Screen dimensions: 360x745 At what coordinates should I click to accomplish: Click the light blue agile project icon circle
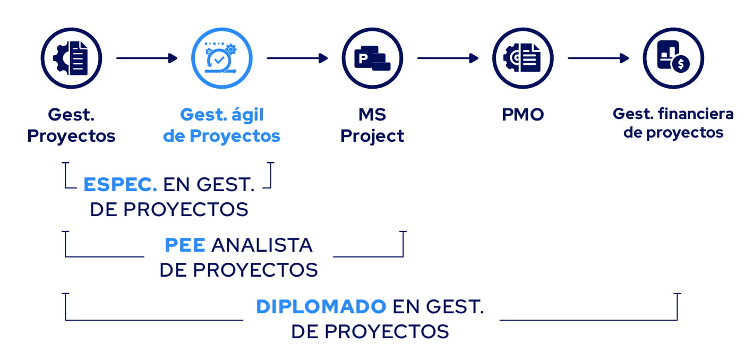click(221, 58)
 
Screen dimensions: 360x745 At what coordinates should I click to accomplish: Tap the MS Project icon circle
click(372, 58)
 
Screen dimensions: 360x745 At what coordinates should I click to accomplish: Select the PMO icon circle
click(523, 58)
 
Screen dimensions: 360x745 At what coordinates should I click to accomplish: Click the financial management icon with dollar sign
click(673, 58)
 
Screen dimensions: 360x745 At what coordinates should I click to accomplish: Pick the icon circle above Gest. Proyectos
click(71, 58)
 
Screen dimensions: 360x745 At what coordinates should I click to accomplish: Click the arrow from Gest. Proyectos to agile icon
click(146, 58)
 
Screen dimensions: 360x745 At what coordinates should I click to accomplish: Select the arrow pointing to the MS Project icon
click(297, 58)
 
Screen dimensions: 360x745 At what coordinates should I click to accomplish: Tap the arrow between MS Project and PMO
click(447, 58)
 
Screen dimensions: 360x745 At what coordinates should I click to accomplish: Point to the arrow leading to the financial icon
click(598, 58)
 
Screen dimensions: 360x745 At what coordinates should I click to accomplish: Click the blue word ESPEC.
click(120, 184)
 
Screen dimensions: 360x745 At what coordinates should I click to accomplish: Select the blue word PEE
click(185, 245)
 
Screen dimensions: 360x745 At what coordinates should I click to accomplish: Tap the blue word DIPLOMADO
click(321, 306)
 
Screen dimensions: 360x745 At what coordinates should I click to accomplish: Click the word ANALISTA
click(262, 245)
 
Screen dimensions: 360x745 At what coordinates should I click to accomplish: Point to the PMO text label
click(523, 114)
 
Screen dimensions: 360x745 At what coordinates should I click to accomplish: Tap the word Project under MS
click(372, 136)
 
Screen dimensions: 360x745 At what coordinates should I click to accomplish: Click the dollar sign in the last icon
click(680, 64)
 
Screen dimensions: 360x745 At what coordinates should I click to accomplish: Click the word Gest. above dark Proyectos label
click(71, 114)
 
